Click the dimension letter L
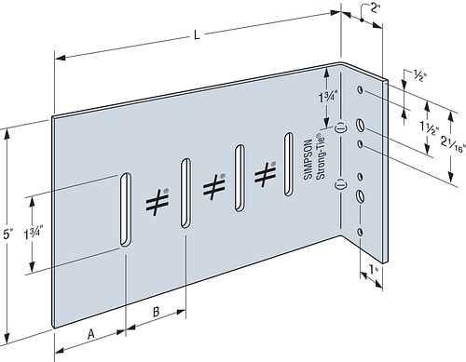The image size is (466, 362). [x=197, y=34]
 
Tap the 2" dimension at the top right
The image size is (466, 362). [x=376, y=8]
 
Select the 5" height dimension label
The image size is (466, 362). [x=7, y=235]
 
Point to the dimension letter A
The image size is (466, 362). [x=90, y=334]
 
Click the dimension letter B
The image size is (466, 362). [x=157, y=312]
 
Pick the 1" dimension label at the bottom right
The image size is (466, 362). [x=373, y=270]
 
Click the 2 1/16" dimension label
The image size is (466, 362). [x=453, y=143]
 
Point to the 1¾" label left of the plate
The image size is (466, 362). [x=33, y=235]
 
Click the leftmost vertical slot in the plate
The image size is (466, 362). [x=126, y=209]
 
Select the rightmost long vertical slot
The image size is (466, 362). [x=289, y=165]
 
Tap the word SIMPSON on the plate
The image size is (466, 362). [x=308, y=159]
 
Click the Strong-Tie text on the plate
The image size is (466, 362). [x=320, y=156]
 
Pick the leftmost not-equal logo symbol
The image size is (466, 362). [x=158, y=202]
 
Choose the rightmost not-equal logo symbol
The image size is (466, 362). [x=265, y=174]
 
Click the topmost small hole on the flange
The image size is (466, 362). [x=360, y=90]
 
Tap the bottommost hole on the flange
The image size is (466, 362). [x=360, y=232]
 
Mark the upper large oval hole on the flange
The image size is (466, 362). [x=361, y=126]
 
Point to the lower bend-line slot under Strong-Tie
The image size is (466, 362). [x=340, y=185]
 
